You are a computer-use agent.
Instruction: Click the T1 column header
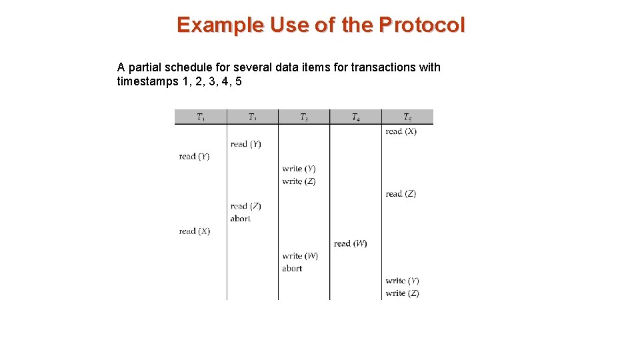[x=201, y=117]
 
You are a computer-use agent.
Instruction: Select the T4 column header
[x=356, y=117]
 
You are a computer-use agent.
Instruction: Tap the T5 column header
[x=407, y=117]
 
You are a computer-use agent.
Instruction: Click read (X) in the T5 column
[x=401, y=131]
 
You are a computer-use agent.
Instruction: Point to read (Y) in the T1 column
[x=194, y=157]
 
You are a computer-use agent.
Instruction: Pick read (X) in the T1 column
[x=194, y=231]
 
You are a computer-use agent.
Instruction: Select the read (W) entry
[x=350, y=243]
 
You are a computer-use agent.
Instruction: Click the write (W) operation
[x=300, y=256]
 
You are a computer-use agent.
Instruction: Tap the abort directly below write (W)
[x=292, y=269]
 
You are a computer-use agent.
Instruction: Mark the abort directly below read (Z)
[x=241, y=219]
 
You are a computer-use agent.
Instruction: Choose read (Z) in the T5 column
[x=401, y=194]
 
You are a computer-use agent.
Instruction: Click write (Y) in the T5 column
[x=402, y=281]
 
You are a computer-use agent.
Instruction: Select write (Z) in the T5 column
[x=402, y=293]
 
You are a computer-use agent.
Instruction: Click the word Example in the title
[x=219, y=25]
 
